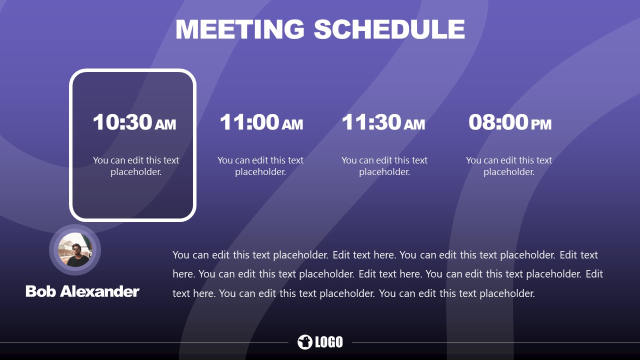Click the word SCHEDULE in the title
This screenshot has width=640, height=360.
(x=389, y=29)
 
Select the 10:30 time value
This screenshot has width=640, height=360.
(x=122, y=122)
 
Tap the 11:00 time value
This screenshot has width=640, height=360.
(x=249, y=122)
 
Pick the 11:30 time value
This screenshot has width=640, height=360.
(x=371, y=122)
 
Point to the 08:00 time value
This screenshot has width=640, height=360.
(x=498, y=122)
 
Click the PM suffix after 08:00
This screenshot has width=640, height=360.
(x=541, y=124)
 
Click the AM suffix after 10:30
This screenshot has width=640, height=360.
(x=165, y=124)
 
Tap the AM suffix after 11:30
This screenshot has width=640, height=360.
(x=414, y=124)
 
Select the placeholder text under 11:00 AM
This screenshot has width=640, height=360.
(x=260, y=166)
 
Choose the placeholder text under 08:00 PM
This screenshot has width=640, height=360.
(x=509, y=166)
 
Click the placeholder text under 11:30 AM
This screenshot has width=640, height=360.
(x=384, y=166)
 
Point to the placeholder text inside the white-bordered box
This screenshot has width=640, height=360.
(x=136, y=166)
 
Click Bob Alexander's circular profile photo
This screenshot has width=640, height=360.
(x=75, y=250)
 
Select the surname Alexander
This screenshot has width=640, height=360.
(x=99, y=291)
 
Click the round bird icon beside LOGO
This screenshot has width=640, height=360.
(x=304, y=342)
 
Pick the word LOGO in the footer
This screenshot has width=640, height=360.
(x=329, y=342)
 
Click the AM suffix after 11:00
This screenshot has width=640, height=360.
(x=292, y=124)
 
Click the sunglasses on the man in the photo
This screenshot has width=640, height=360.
(x=76, y=247)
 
